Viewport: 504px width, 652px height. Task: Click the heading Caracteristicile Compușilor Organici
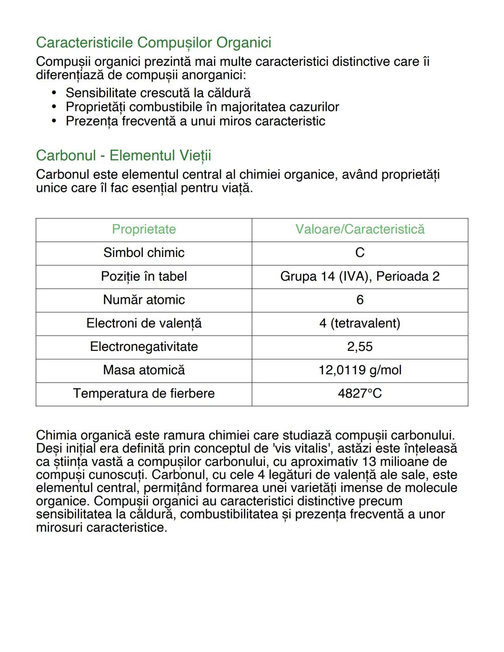pos(154,42)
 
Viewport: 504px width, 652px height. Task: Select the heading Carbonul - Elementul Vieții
pos(123,155)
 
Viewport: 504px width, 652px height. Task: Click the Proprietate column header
pos(144,229)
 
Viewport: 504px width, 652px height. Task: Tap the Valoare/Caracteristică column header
pos(360,229)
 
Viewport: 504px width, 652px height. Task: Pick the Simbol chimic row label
pos(144,252)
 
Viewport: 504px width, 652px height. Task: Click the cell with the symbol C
pos(360,252)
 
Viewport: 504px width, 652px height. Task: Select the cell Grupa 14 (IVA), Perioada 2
pos(360,276)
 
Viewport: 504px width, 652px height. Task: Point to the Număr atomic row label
pos(144,300)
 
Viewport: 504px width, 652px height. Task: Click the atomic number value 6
pos(360,300)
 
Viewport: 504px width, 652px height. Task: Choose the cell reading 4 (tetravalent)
pos(360,323)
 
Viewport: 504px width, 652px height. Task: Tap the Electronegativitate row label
pos(144,346)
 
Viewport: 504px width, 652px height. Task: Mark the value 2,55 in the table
pos(360,346)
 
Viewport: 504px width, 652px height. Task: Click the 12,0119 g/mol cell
pos(360,370)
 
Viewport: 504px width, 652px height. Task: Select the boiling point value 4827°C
pos(360,393)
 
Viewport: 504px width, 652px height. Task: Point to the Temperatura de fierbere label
pos(144,393)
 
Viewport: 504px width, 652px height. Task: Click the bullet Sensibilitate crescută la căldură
pos(158,93)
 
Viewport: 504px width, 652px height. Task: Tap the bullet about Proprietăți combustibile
pos(202,107)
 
